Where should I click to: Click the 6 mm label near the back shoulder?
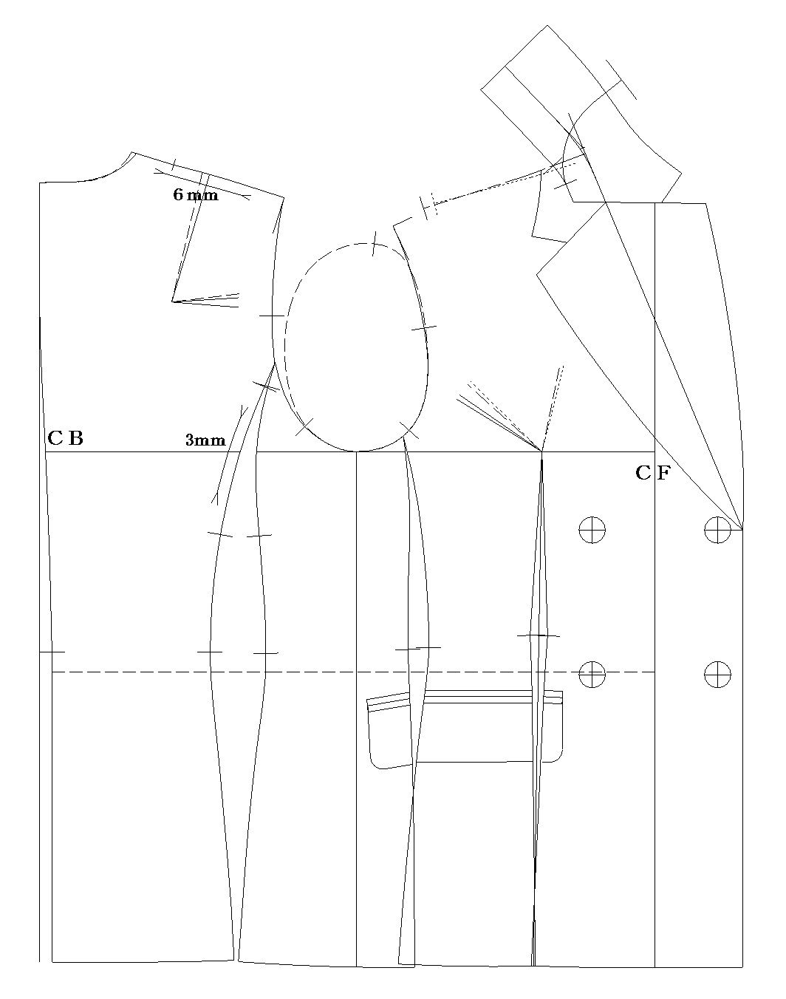(x=196, y=194)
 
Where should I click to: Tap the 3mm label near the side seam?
(x=205, y=440)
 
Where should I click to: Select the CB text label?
(x=66, y=437)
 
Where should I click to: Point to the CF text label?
(x=653, y=473)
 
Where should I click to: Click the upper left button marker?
(x=592, y=529)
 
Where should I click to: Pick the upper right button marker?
(x=718, y=529)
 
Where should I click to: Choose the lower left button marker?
(x=592, y=674)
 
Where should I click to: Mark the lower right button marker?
(x=718, y=674)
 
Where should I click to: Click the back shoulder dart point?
(x=172, y=301)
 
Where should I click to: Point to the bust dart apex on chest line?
(x=541, y=451)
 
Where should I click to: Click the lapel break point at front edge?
(x=742, y=529)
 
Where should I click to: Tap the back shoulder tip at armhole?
(x=284, y=198)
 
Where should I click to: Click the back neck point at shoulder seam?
(x=133, y=151)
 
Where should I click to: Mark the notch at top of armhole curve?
(x=374, y=243)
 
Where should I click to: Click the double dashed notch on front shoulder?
(x=428, y=205)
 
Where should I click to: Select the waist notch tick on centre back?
(x=52, y=652)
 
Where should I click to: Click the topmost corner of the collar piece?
(x=547, y=25)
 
